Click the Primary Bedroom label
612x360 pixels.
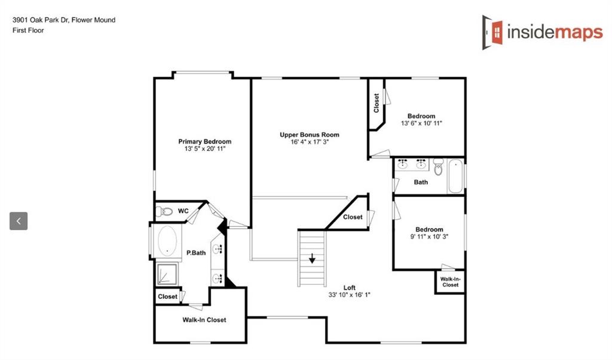tap(204, 142)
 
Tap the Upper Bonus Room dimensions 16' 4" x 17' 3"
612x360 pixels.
tap(309, 142)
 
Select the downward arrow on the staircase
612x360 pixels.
tap(312, 259)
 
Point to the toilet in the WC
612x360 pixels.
tap(164, 211)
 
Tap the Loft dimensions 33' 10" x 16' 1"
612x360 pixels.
tap(350, 295)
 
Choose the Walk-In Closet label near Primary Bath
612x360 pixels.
tap(204, 320)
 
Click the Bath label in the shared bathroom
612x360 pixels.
tap(421, 182)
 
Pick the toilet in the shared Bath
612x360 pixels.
tap(438, 169)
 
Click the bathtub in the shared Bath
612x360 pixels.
tap(455, 175)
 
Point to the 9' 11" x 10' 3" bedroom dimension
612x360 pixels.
tap(429, 237)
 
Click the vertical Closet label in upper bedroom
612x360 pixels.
tap(376, 103)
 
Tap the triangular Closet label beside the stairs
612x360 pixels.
tap(353, 217)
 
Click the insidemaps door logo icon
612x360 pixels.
tap(493, 32)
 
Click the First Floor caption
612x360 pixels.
tap(28, 30)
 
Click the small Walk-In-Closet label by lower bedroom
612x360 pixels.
tap(449, 282)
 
